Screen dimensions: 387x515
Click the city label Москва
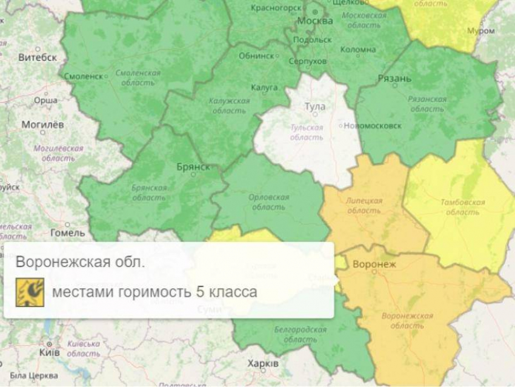(314, 21)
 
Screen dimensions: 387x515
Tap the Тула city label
(314, 107)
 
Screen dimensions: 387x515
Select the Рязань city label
(394, 78)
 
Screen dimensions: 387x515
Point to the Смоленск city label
(83, 76)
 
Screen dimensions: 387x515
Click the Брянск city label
(194, 166)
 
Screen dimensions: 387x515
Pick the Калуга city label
(264, 88)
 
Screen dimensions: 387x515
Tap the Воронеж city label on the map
(374, 264)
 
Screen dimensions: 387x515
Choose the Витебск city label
(38, 58)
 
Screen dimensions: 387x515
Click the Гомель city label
(67, 232)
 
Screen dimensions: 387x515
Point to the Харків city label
(263, 363)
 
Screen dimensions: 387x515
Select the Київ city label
(49, 352)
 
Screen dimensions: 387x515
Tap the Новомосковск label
(372, 126)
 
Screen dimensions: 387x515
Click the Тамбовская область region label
(462, 207)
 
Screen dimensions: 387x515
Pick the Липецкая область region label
(364, 206)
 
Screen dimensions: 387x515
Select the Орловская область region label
(268, 202)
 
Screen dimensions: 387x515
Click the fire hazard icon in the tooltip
(30, 292)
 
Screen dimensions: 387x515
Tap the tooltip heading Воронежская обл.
(81, 263)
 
